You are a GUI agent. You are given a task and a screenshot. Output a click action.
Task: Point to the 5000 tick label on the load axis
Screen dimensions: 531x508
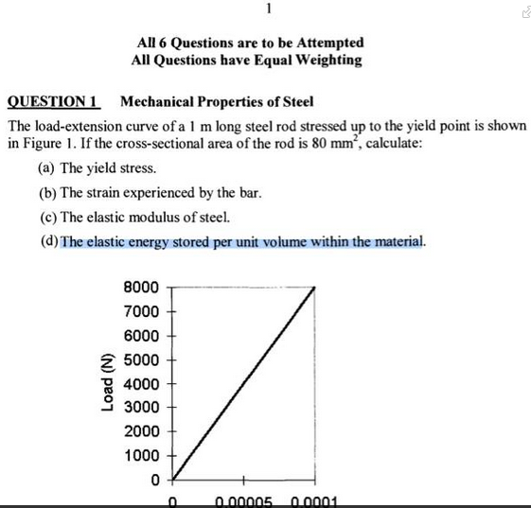tap(141, 359)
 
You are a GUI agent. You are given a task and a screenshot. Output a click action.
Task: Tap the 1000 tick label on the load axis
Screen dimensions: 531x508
tap(141, 455)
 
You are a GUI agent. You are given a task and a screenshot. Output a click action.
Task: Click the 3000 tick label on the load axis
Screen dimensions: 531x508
tap(141, 408)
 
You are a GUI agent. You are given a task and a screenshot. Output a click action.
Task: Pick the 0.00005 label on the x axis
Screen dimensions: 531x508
tap(244, 501)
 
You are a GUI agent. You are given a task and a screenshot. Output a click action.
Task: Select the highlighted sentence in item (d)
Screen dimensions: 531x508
tap(242, 241)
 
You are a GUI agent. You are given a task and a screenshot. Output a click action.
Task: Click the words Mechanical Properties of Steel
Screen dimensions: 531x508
tap(218, 101)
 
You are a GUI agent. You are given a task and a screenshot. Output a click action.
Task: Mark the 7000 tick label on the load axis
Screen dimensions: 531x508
tap(141, 311)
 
